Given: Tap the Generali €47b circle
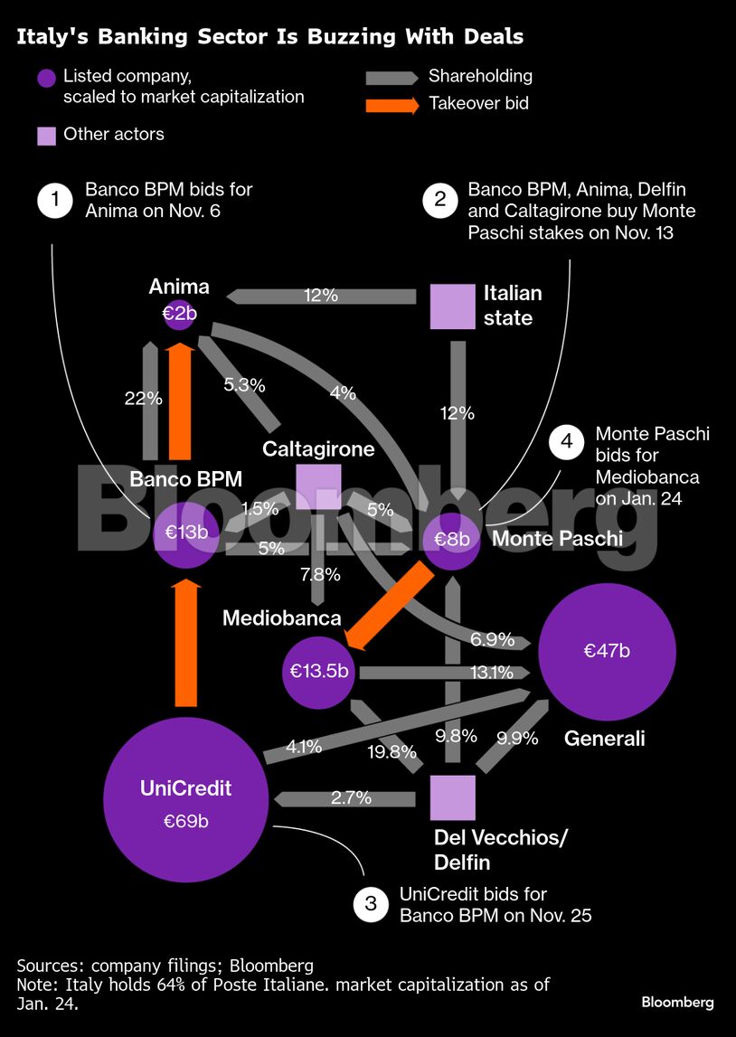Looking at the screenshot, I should point(607,652).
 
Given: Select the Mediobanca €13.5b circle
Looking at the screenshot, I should point(319,672).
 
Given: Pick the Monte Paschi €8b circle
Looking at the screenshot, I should point(451,540).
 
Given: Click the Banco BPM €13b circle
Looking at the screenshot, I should point(186,533).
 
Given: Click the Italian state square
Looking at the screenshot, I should point(452,306).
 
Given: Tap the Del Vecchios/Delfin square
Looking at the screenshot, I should point(452,797).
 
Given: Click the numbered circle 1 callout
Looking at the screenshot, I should point(56,200).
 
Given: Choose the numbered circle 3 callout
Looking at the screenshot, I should point(371,904).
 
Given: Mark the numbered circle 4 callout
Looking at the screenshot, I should point(567,443).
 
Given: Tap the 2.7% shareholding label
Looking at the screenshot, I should point(350,798).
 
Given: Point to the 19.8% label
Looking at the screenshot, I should point(391,751).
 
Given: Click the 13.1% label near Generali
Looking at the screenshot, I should point(492,672).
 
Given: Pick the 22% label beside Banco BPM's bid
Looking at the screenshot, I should point(143,398).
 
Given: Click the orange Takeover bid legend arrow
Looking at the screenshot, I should point(392,104).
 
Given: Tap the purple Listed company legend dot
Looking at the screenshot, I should point(47,78).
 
